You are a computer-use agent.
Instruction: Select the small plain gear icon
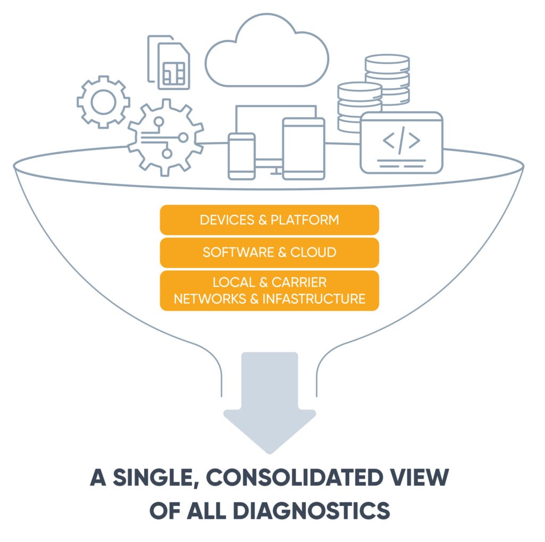point(103,102)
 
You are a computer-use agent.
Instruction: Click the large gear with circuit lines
point(165,138)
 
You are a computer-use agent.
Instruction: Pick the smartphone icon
point(242,156)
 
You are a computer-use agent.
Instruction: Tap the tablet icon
point(303,148)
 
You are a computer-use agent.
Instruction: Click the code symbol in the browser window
point(401,140)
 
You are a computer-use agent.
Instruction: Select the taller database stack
point(387,80)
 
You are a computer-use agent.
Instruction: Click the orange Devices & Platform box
point(269,220)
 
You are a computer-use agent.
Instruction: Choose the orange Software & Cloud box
point(269,252)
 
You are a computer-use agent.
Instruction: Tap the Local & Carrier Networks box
point(269,290)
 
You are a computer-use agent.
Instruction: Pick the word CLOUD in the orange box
point(313,252)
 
